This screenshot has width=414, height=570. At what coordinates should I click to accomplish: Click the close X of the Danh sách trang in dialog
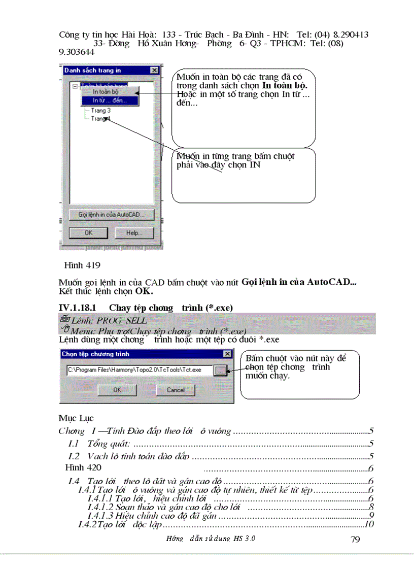point(154,71)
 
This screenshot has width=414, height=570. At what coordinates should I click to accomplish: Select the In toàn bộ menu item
point(106,92)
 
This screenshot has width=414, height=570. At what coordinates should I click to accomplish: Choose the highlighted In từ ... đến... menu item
point(109,100)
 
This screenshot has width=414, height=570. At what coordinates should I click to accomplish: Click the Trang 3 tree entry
point(100,110)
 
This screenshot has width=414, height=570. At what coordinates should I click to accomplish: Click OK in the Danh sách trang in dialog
point(88,233)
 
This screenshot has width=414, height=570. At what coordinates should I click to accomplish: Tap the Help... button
point(133,233)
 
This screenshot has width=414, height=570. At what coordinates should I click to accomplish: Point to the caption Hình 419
point(82,265)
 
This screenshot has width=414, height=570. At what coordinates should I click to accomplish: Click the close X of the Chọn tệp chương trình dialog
point(227,354)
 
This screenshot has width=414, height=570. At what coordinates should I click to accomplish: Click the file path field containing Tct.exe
point(140,370)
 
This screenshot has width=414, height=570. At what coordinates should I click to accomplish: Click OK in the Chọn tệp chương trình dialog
point(117,390)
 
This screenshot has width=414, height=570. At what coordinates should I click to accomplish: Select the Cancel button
point(176,390)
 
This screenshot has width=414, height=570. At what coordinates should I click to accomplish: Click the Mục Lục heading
point(76,418)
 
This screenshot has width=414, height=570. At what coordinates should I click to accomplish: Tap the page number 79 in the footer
point(355,539)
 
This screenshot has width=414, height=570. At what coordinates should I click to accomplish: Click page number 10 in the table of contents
point(369,524)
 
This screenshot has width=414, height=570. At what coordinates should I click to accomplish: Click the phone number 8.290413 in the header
point(350,35)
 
